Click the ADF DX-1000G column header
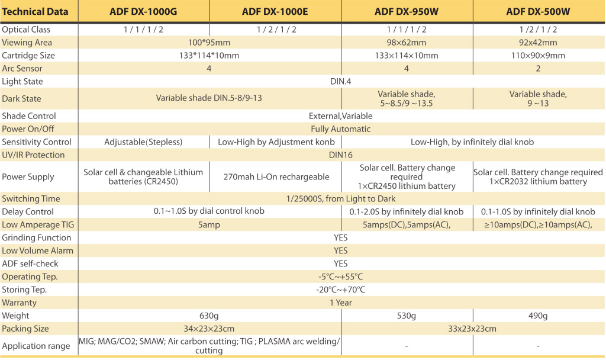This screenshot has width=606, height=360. [143, 12]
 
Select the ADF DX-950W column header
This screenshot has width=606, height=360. [406, 12]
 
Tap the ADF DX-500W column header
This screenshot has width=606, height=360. [538, 12]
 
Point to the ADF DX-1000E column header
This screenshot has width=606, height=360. [275, 12]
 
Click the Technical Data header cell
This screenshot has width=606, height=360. [35, 12]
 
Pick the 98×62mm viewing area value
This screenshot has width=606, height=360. [406, 43]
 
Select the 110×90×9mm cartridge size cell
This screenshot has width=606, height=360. [538, 55]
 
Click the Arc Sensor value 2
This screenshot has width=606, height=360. [538, 69]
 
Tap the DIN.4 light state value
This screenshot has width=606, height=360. [340, 81]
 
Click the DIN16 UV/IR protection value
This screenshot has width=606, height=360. [340, 155]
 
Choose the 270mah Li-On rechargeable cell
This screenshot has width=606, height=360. [276, 176]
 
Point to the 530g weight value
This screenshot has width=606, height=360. [406, 316]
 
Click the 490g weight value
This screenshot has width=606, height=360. [538, 316]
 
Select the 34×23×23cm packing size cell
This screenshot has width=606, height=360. [209, 329]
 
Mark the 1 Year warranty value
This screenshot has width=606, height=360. [340, 303]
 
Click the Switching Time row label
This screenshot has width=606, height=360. [31, 199]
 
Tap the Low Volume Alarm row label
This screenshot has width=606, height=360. [37, 250]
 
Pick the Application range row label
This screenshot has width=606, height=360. [36, 346]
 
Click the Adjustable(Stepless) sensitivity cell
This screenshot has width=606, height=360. [143, 142]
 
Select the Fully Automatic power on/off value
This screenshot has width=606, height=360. [340, 129]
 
